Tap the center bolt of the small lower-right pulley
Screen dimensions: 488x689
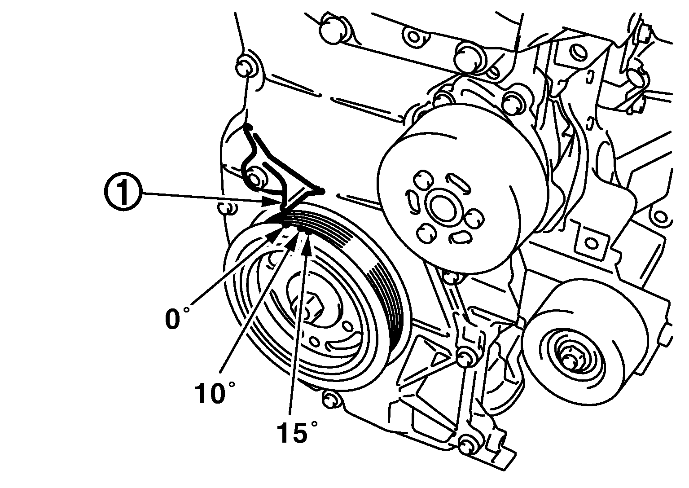pyautogui.click(x=571, y=357)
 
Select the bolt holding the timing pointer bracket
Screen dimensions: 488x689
pyautogui.click(x=255, y=179)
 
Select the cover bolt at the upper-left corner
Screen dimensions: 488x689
pyautogui.click(x=245, y=67)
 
